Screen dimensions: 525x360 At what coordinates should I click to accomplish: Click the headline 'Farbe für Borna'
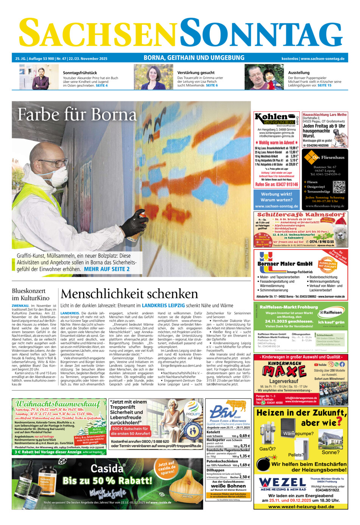click(77, 115)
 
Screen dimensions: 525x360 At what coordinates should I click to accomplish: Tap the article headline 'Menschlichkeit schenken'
click(129, 294)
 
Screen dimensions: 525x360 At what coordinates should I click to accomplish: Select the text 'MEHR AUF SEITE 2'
click(107, 269)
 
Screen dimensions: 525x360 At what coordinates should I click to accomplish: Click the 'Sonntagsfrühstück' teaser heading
click(80, 72)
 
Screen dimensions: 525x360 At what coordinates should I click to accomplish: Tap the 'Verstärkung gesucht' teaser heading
click(196, 72)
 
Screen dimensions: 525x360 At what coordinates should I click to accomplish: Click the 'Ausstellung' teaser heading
click(299, 72)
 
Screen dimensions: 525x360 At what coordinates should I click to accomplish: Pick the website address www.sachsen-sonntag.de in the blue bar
click(323, 59)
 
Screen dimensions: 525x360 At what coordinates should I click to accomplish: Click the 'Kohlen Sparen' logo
click(275, 119)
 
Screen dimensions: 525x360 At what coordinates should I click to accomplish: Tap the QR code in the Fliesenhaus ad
click(339, 187)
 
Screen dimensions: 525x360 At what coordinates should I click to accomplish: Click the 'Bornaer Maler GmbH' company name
click(285, 264)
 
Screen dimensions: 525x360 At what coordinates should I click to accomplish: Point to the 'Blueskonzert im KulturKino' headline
click(29, 294)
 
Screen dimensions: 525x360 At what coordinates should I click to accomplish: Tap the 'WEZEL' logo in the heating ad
click(282, 482)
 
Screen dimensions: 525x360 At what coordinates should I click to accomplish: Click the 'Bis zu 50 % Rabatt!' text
click(107, 481)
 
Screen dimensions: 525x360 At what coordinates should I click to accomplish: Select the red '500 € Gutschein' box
click(130, 431)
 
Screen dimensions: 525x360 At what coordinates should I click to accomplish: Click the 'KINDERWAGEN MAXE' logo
click(281, 369)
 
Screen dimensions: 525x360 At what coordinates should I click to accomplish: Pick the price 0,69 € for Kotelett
click(245, 436)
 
